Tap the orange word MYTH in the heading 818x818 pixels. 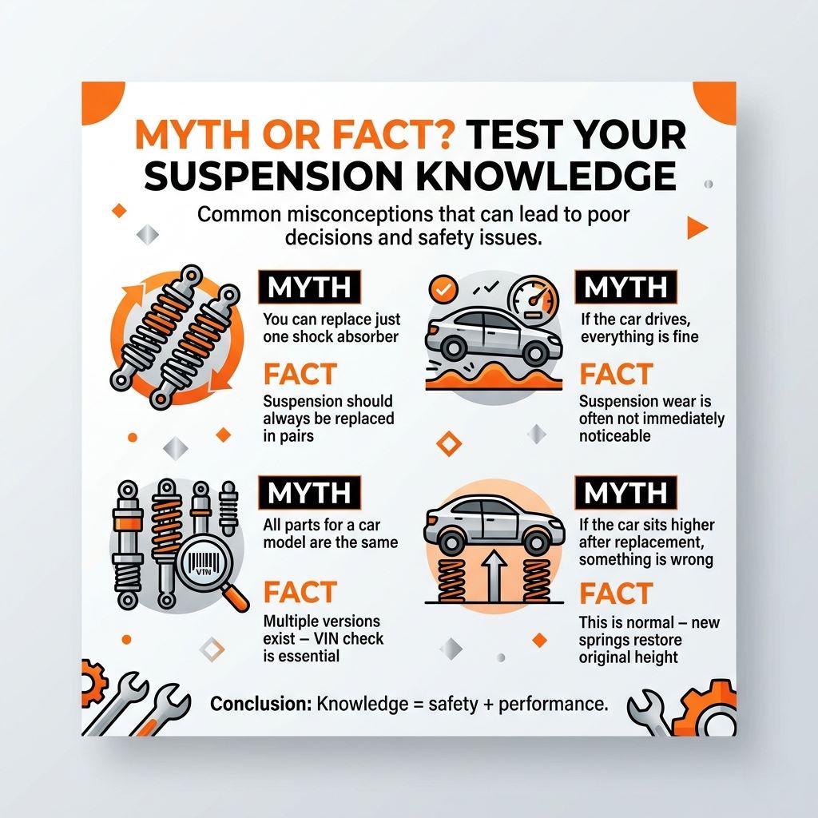pyautogui.click(x=192, y=134)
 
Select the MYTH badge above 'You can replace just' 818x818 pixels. pyautogui.click(x=309, y=287)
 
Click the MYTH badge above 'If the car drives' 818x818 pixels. pyautogui.click(x=625, y=287)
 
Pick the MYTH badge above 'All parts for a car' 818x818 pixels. pyautogui.click(x=309, y=492)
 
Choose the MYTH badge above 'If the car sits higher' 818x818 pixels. pyautogui.click(x=625, y=492)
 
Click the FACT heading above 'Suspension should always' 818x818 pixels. pyautogui.click(x=300, y=374)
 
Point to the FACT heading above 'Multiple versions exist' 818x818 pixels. pyautogui.click(x=300, y=592)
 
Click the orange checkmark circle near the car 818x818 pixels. pyautogui.click(x=443, y=289)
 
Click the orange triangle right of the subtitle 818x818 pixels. pyautogui.click(x=697, y=228)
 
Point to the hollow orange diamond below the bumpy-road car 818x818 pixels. pyautogui.click(x=449, y=443)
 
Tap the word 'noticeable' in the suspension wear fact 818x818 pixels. pyautogui.click(x=614, y=435)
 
